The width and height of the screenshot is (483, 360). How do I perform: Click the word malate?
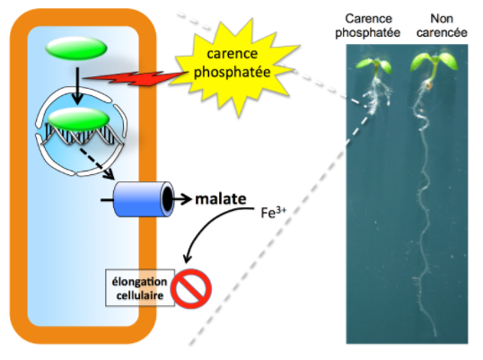(221, 199)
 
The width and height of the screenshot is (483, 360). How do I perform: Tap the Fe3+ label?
(273, 213)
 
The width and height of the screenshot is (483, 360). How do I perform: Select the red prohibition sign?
(191, 288)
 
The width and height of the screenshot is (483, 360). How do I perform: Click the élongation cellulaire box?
(140, 288)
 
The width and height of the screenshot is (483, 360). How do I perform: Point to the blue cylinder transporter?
(144, 199)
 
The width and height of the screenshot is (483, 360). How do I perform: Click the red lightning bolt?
(136, 78)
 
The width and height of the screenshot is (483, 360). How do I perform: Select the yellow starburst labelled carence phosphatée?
(234, 65)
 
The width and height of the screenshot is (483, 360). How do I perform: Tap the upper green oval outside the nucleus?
(76, 48)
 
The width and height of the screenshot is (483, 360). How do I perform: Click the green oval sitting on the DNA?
(79, 119)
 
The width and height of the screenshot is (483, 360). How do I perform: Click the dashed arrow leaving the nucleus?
(97, 163)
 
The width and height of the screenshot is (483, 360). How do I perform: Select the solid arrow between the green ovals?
(77, 86)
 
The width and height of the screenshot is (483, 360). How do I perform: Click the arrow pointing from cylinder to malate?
(181, 199)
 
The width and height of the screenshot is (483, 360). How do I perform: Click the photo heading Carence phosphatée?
(368, 25)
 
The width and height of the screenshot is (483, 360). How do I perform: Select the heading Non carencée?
(442, 25)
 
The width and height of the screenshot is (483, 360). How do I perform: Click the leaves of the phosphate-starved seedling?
(373, 66)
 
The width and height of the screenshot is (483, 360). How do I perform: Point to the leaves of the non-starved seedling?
(434, 62)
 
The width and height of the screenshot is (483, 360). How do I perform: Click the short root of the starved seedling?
(376, 95)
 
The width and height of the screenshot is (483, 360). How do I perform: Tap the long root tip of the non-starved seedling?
(435, 335)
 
